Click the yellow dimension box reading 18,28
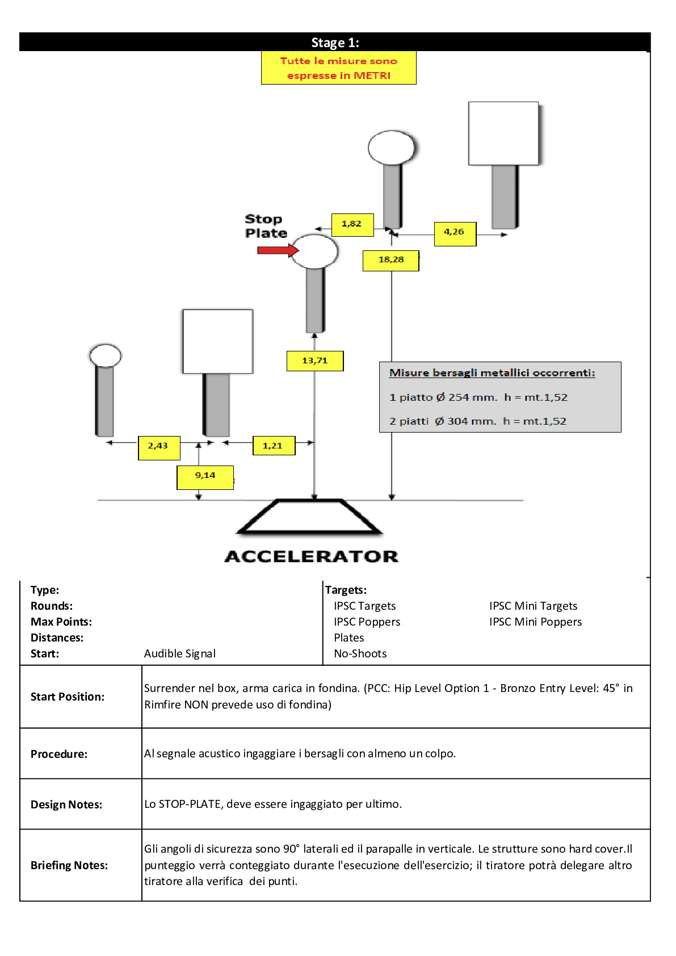(391, 261)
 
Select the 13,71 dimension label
(315, 361)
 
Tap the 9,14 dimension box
(205, 477)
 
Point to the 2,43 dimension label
(159, 448)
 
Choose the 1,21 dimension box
(274, 446)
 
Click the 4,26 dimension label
(455, 234)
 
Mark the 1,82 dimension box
(352, 225)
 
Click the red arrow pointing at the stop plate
(278, 250)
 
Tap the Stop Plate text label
(266, 226)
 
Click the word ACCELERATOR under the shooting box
(312, 556)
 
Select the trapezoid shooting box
(310, 516)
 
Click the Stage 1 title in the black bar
(335, 43)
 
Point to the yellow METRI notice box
(338, 68)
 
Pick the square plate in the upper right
(503, 133)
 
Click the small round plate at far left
(106, 355)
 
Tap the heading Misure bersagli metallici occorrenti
(492, 373)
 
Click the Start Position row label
(68, 697)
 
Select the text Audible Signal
(180, 653)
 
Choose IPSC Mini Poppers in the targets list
(536, 622)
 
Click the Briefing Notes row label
(69, 865)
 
